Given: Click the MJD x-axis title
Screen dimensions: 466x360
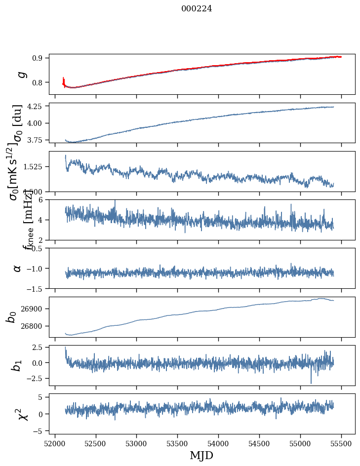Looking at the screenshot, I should (201, 455).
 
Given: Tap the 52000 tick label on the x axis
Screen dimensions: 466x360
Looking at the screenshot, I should (55, 443).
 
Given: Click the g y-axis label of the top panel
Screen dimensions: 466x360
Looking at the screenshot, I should (21, 74).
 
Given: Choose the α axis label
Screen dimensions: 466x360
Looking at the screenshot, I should (17, 268).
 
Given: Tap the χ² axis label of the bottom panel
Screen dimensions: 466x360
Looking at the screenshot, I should (22, 414).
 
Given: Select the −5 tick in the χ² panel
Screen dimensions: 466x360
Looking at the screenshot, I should (40, 431).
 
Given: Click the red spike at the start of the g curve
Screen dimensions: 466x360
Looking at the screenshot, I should (64, 80).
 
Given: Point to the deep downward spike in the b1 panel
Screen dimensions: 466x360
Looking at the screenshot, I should (311, 382).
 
